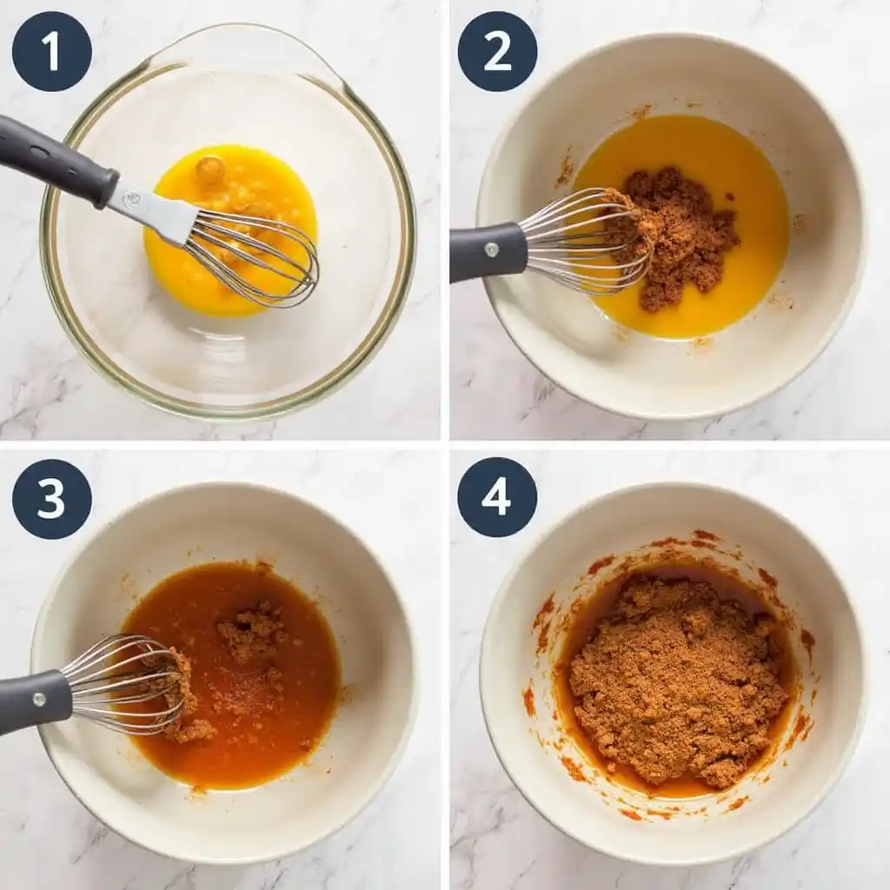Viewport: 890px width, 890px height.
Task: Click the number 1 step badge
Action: tap(51, 51)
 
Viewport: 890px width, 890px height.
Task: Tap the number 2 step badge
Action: tap(497, 51)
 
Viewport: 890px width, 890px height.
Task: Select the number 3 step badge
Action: tap(51, 499)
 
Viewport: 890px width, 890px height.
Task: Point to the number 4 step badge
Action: tap(497, 497)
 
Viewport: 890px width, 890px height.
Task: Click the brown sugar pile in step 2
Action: tap(682, 235)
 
